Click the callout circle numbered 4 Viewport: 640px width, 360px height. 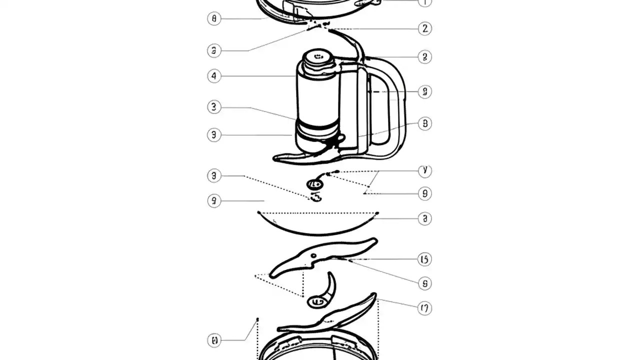(214, 76)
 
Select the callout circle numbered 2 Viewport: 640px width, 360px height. (424, 28)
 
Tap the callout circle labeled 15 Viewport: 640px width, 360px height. (424, 259)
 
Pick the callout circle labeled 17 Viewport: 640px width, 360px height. (424, 308)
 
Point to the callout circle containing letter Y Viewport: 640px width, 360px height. (424, 170)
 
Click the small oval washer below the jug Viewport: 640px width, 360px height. (315, 184)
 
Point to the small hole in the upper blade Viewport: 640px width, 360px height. (313, 256)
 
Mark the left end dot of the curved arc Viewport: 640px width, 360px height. (258, 213)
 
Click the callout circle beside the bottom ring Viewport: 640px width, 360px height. (214, 340)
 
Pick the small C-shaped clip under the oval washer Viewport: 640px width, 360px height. (316, 198)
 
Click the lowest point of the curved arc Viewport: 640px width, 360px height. (317, 234)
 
